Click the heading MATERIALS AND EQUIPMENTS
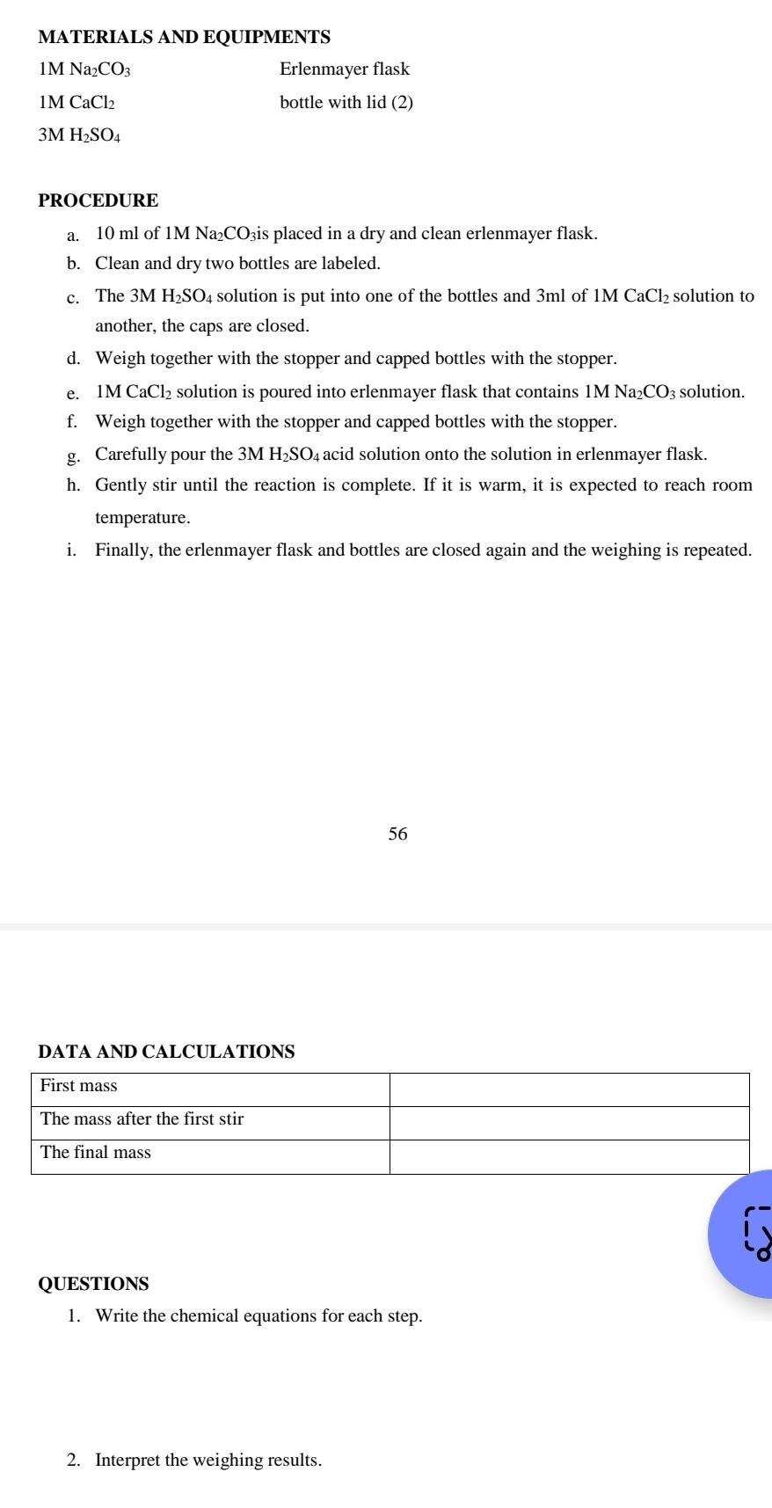click(185, 37)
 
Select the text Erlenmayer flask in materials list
click(345, 69)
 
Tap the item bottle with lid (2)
click(346, 102)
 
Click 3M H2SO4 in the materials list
click(80, 135)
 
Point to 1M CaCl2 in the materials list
click(76, 102)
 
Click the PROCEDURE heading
click(98, 200)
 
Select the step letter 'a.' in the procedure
click(73, 235)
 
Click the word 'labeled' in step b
click(353, 263)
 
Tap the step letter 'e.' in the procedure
click(73, 392)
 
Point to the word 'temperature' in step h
click(142, 517)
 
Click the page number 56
click(397, 834)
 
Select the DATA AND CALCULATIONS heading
click(167, 1052)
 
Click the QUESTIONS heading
click(94, 1284)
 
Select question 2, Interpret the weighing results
click(208, 1460)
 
